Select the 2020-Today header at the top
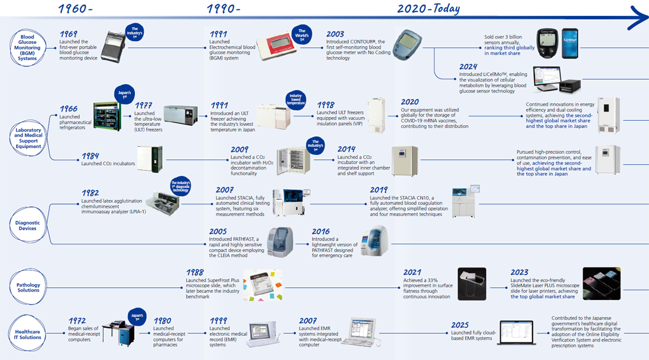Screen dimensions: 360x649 (x=428, y=9)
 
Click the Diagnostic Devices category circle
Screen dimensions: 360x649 (x=28, y=225)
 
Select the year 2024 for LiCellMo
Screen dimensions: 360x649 (x=469, y=67)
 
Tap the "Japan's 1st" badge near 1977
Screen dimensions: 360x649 (x=123, y=95)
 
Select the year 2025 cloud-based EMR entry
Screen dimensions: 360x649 (x=460, y=325)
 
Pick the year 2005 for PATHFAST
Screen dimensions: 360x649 (x=219, y=232)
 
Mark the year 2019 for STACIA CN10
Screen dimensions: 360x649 (x=379, y=190)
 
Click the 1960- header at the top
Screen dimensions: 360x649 (x=75, y=9)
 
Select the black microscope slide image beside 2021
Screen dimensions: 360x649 (x=472, y=283)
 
